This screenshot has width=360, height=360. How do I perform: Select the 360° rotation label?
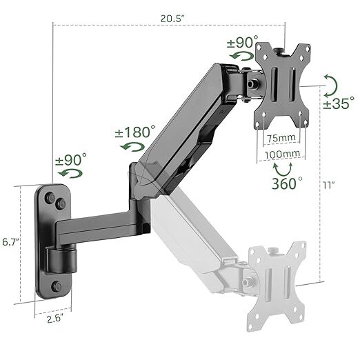pyautogui.click(x=286, y=184)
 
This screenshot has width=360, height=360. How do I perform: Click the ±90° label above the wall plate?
pyautogui.click(x=70, y=160)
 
